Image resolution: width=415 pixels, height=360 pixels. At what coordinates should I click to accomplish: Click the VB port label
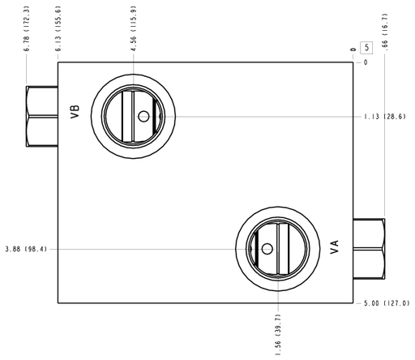[x=75, y=112]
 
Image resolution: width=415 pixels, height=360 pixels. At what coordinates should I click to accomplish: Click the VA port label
[x=335, y=246]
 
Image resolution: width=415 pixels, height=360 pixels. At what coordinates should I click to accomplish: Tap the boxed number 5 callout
[x=366, y=48]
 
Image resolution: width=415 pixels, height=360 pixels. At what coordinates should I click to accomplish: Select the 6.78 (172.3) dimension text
[x=26, y=28]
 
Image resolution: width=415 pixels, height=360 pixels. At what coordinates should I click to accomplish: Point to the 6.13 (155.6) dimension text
[x=58, y=28]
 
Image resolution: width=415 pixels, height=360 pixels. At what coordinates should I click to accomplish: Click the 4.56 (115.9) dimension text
[x=134, y=28]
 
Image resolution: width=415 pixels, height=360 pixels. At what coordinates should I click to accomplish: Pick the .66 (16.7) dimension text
[x=385, y=32]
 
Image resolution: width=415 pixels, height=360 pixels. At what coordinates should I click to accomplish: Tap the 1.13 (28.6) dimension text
[x=385, y=117]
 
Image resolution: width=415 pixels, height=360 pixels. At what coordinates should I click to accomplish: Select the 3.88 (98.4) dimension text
[x=26, y=249]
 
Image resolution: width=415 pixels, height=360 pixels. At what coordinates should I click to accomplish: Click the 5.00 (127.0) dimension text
[x=387, y=303]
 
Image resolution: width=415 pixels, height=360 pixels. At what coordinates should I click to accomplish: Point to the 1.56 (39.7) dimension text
[x=278, y=335]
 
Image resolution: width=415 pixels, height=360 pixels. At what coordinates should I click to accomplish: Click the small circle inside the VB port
[x=143, y=117]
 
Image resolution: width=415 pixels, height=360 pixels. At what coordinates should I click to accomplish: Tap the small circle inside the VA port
[x=267, y=249]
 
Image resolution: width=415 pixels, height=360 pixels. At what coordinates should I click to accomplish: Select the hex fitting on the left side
[x=42, y=117]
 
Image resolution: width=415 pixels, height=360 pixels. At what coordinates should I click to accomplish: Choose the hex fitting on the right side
[x=369, y=249]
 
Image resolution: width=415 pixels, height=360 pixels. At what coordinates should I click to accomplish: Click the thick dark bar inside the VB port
[x=155, y=117]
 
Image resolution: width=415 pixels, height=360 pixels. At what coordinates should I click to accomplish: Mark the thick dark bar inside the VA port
[x=257, y=249]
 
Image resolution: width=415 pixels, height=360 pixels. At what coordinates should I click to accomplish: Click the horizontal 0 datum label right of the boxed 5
[x=366, y=62]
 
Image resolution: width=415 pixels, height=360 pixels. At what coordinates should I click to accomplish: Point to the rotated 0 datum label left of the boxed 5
[x=353, y=49]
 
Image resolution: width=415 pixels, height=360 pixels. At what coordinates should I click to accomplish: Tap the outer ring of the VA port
[x=278, y=208]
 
